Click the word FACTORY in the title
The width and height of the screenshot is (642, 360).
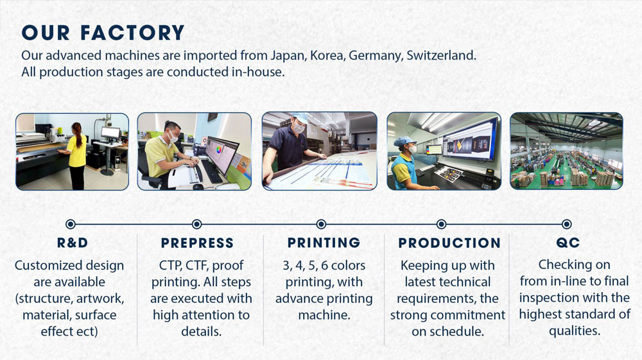click(x=132, y=33)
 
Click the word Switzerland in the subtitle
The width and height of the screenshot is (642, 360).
click(x=441, y=55)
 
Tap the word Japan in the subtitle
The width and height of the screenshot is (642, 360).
click(x=288, y=56)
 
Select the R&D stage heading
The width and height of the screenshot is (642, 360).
click(x=73, y=243)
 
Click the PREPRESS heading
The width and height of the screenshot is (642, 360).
click(x=197, y=243)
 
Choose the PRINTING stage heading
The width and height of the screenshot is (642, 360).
click(x=324, y=243)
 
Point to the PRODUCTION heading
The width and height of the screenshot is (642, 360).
click(x=449, y=243)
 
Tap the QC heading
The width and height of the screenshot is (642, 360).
click(x=568, y=243)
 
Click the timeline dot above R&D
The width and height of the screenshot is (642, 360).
click(x=71, y=224)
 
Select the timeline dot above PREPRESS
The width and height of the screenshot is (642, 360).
click(x=197, y=224)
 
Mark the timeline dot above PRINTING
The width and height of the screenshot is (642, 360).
click(x=322, y=224)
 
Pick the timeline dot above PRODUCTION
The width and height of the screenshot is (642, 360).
click(x=442, y=224)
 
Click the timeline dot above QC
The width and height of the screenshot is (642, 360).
click(x=567, y=224)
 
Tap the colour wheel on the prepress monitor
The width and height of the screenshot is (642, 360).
click(x=219, y=149)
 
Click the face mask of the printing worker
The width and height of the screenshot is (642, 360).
click(x=299, y=128)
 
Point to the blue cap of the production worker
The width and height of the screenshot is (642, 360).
click(x=404, y=142)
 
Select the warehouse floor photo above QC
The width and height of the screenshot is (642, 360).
click(x=566, y=151)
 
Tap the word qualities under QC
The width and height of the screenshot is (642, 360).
click(x=575, y=330)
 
